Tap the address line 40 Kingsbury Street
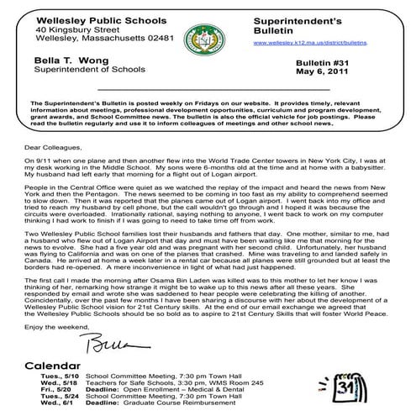point(85,28)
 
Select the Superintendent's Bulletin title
point(294,21)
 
